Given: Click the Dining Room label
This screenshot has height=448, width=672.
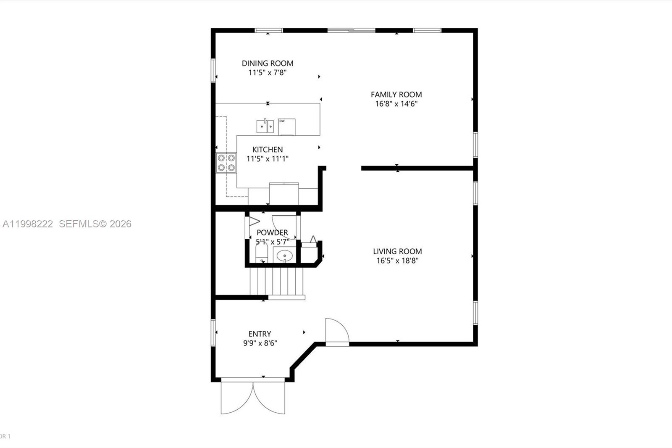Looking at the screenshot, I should click(x=268, y=63).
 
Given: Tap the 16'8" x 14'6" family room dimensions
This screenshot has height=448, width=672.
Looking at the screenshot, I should click(x=396, y=104).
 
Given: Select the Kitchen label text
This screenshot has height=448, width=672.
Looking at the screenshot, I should click(x=268, y=149).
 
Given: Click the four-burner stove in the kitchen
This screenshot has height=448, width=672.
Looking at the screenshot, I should click(x=226, y=163).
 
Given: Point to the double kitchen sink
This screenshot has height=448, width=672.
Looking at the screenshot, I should click(x=265, y=126).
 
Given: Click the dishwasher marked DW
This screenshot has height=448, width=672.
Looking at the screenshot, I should click(x=286, y=126).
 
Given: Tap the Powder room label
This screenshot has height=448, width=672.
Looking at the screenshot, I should click(x=272, y=232).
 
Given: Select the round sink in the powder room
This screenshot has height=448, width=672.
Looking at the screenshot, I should click(x=285, y=255).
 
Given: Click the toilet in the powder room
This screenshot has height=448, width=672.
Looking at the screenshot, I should click(x=262, y=253).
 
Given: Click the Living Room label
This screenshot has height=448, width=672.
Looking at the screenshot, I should click(x=397, y=251).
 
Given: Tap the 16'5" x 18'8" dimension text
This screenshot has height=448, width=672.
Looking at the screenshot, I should click(x=397, y=261).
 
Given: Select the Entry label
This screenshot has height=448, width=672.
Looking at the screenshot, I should click(x=260, y=334).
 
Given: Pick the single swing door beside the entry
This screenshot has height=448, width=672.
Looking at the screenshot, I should click(x=337, y=332).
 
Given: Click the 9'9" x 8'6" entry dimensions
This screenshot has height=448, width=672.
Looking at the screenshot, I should click(x=260, y=343).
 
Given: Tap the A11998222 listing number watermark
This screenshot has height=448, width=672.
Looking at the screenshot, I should click(x=28, y=224).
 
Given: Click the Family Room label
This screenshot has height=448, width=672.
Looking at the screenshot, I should click(x=396, y=95).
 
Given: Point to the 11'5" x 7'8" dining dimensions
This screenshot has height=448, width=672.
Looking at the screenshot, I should click(x=268, y=73).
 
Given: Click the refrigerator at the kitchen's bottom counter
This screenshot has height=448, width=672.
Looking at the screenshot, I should click(x=284, y=193).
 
